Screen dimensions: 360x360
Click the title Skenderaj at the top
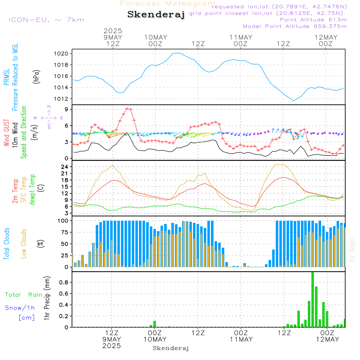(x=156, y=15)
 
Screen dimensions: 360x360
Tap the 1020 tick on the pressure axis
(x=61, y=54)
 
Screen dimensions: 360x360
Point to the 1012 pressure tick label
(x=61, y=99)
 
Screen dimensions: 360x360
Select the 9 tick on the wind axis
(x=66, y=109)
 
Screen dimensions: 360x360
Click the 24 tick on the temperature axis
(x=64, y=167)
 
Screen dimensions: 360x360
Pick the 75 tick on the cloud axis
(x=64, y=232)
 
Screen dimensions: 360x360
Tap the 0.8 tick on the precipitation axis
(x=64, y=282)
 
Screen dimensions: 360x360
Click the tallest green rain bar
(x=312, y=300)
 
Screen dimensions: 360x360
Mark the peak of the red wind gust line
(x=127, y=108)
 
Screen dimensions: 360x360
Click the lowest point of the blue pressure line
(x=293, y=100)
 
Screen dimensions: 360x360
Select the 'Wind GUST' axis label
(x=6, y=132)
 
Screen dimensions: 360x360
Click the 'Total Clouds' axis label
(x=6, y=244)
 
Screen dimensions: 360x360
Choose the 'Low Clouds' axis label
(x=24, y=244)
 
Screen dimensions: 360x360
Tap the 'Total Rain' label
(x=24, y=295)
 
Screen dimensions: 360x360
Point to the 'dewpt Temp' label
(x=32, y=189)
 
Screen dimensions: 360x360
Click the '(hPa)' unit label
(x=36, y=77)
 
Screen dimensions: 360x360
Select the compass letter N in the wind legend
(x=49, y=107)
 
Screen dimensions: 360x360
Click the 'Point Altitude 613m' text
(x=313, y=20)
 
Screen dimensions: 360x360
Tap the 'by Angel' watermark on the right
(x=352, y=249)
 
